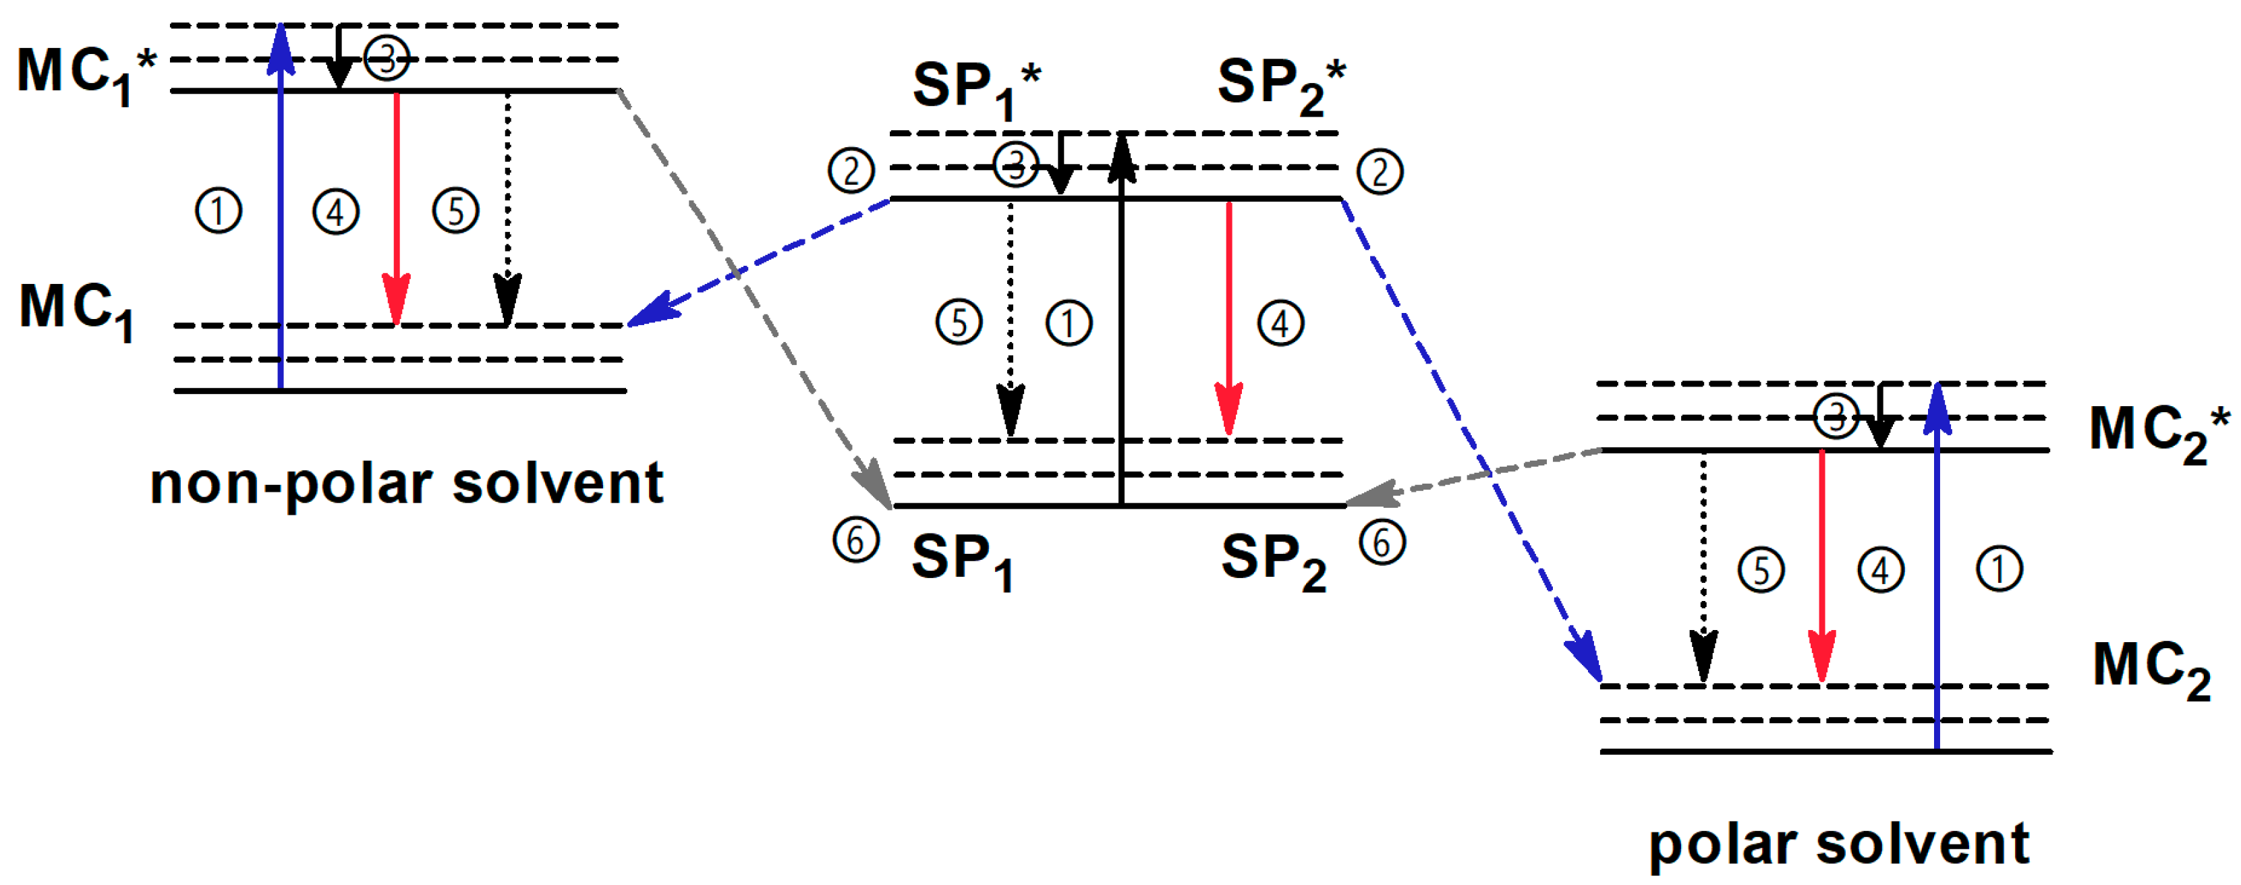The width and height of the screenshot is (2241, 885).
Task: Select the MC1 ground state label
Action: (76, 311)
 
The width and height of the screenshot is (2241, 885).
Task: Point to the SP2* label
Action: (1280, 85)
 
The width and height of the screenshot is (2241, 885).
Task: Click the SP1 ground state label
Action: (961, 561)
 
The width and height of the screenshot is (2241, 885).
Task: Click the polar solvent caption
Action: (1838, 844)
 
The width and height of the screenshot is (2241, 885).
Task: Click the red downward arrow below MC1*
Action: (397, 209)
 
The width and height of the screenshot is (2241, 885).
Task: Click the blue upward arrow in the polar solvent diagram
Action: (1937, 566)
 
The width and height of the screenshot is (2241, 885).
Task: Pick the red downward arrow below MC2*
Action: (1821, 566)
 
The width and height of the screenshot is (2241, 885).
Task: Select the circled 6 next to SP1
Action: (855, 540)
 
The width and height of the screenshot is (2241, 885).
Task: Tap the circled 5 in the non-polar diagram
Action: (456, 211)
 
